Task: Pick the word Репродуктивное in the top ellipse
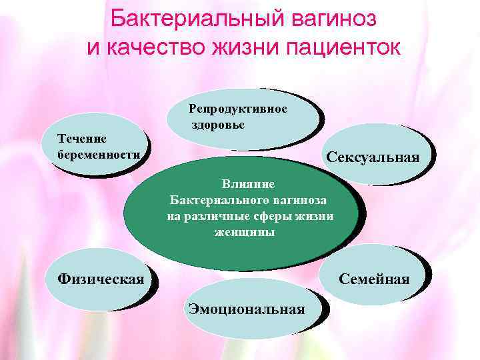tap(238, 109)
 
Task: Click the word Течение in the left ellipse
tap(82, 138)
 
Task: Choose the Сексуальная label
tap(373, 157)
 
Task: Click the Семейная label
tap(374, 279)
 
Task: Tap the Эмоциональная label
tap(247, 309)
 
